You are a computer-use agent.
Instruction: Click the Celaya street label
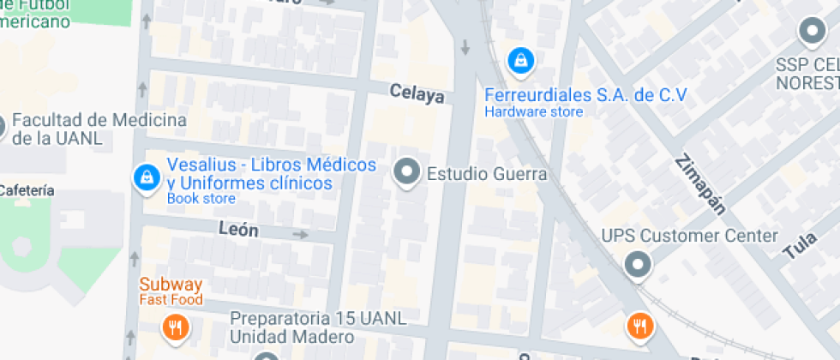tap(417, 93)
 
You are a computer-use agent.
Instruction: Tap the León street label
tap(238, 230)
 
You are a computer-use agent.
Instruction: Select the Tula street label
tap(800, 246)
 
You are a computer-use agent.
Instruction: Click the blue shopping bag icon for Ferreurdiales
tap(520, 61)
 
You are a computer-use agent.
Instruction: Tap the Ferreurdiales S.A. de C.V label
tap(585, 95)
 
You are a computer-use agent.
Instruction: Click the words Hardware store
tap(533, 111)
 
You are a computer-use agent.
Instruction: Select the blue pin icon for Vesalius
tap(147, 177)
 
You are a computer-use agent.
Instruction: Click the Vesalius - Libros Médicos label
tap(271, 165)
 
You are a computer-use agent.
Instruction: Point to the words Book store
tap(201, 199)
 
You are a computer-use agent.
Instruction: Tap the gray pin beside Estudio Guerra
tap(405, 171)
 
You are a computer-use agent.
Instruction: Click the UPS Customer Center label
tap(689, 236)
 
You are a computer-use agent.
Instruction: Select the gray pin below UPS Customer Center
tap(637, 265)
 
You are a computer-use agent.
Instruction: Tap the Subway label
tap(171, 285)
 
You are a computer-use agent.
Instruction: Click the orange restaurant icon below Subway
tap(175, 326)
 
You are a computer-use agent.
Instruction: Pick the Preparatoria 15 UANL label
tap(317, 318)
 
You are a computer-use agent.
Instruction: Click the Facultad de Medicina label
tap(99, 120)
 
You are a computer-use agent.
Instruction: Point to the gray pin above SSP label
tap(811, 33)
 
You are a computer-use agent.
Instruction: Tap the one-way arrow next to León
tap(300, 234)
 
